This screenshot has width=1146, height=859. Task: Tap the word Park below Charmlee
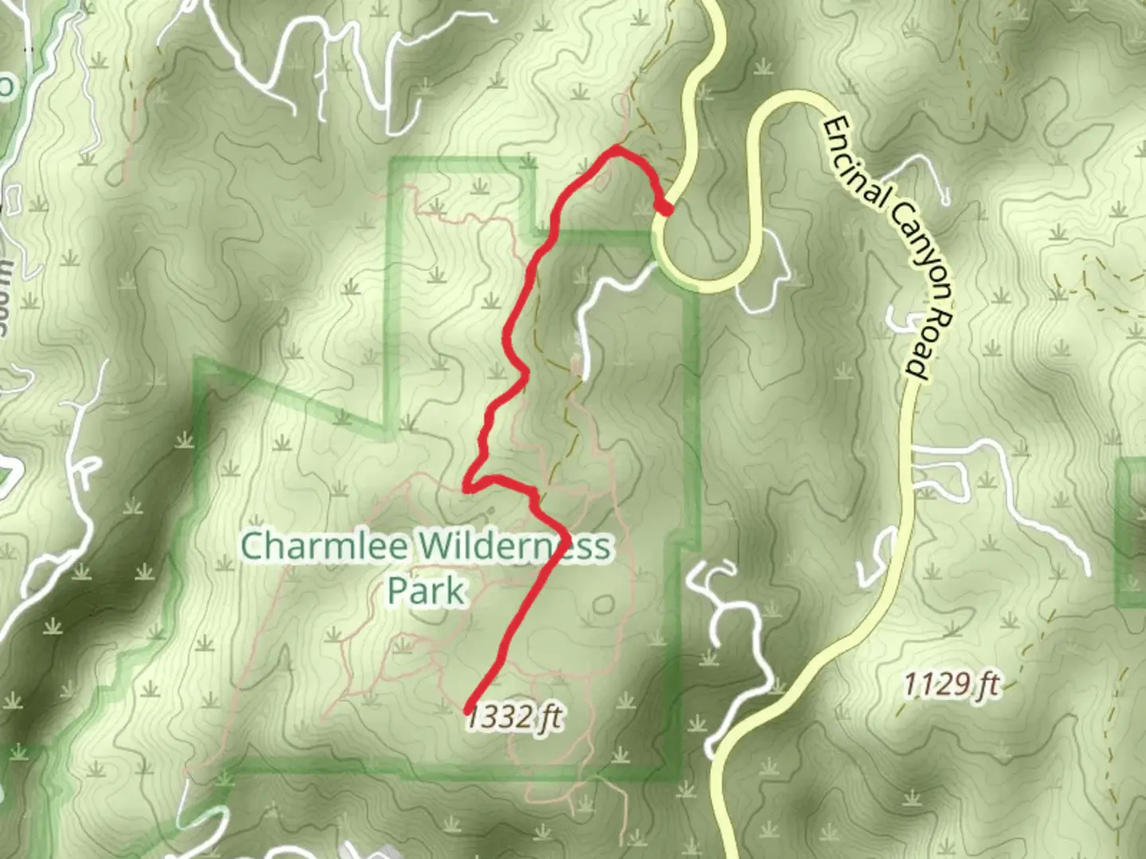(x=426, y=591)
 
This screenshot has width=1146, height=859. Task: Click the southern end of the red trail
(x=467, y=709)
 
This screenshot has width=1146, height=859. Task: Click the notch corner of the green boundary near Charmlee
(x=390, y=435)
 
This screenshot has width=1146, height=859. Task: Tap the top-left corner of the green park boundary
(x=392, y=164)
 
